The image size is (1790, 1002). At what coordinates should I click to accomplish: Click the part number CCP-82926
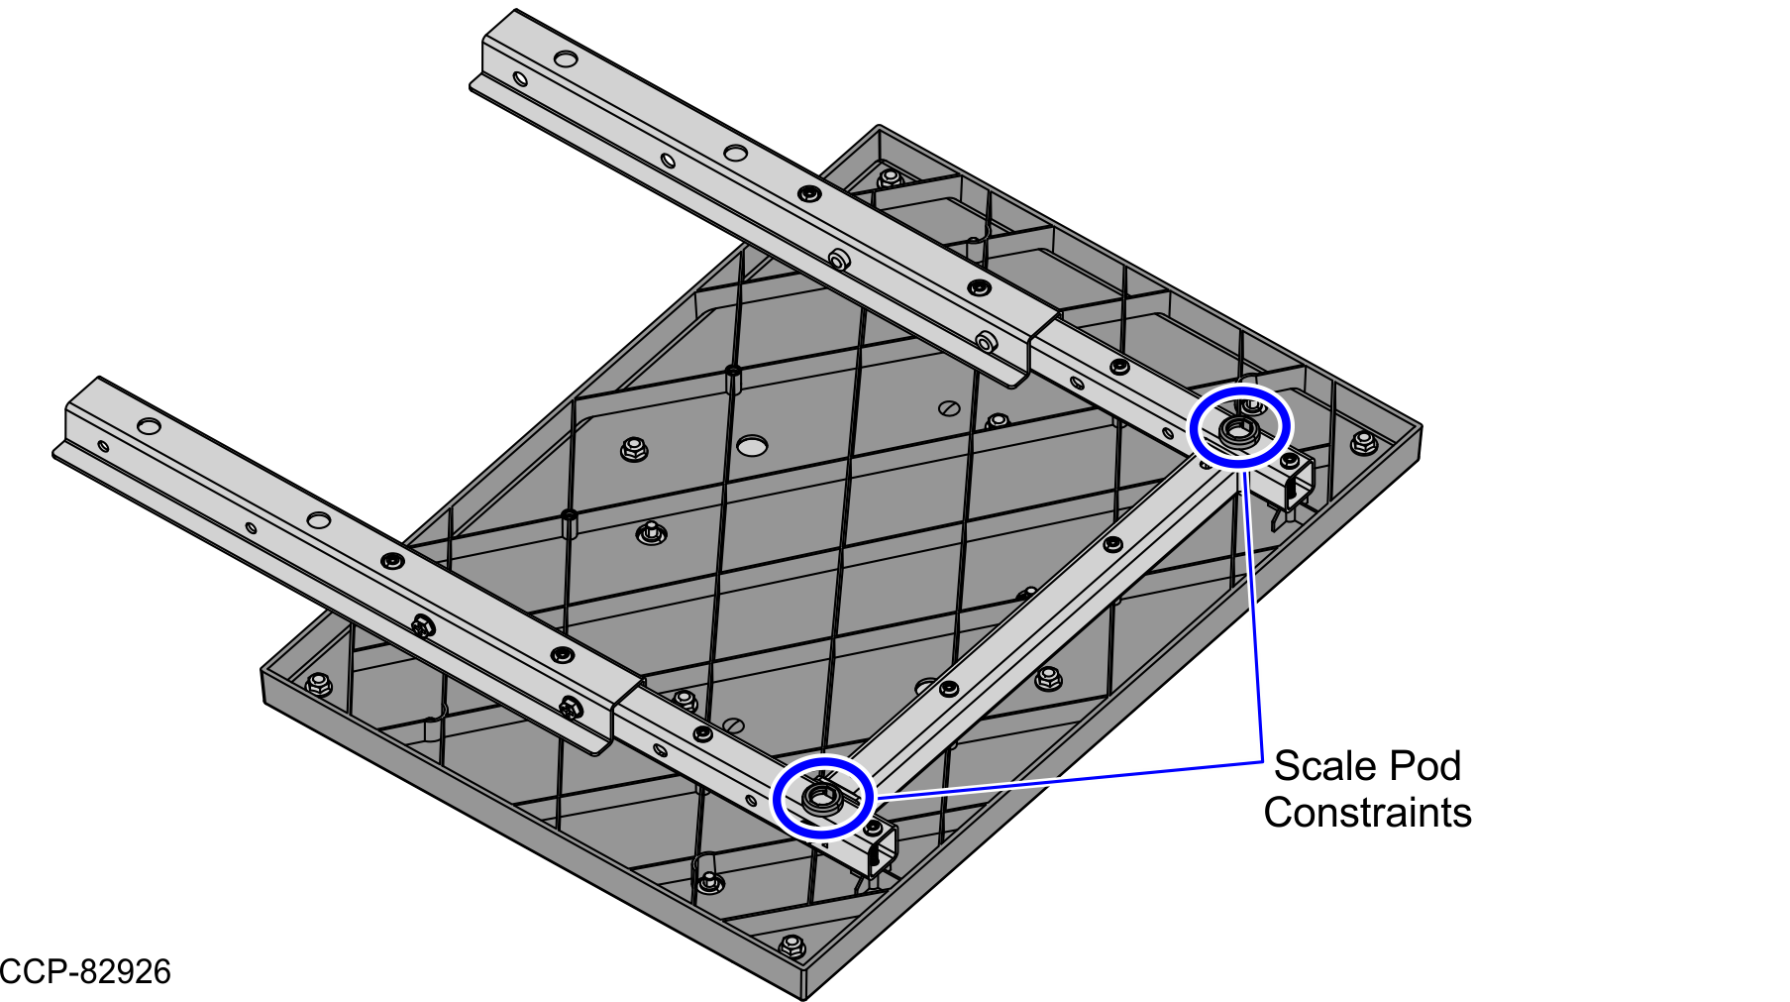point(85,971)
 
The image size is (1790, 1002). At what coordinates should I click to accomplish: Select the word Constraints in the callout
point(1368,813)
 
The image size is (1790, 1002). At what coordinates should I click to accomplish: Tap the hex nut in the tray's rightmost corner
point(1364,442)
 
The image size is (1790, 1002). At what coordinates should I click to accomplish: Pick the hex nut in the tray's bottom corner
point(791,946)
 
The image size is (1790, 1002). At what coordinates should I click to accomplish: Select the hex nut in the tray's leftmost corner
point(318,684)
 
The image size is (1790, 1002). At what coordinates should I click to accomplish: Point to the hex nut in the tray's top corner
point(890,178)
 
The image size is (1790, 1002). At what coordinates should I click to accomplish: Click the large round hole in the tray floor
point(753,446)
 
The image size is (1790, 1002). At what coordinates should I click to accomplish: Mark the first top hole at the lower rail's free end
point(149,426)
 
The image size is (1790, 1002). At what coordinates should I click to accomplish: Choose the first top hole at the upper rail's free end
point(566,59)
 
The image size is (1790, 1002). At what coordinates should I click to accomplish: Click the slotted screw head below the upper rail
point(949,407)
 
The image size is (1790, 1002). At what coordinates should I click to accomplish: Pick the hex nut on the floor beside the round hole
point(634,449)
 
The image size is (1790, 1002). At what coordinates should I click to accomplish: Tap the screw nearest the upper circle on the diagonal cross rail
point(1112,544)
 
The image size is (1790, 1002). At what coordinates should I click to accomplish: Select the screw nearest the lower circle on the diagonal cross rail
point(949,688)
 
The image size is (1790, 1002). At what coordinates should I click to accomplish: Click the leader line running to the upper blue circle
point(1252,615)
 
